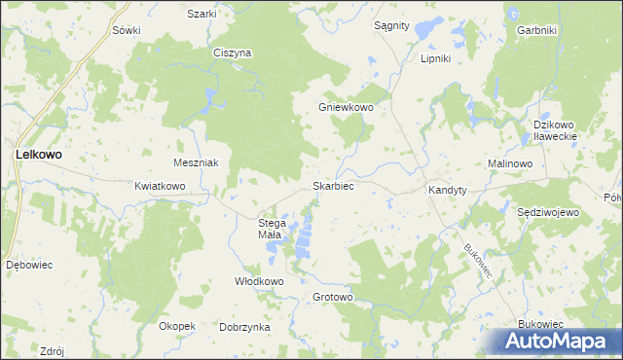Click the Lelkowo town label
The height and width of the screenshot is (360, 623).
click(38, 154)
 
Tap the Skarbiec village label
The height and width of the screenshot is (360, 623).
click(332, 185)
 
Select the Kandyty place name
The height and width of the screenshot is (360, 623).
click(448, 191)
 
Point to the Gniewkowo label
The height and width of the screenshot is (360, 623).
click(347, 107)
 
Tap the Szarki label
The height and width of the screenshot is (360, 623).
click(202, 14)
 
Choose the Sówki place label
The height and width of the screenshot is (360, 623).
click(127, 30)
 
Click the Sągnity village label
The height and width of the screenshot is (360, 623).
click(391, 25)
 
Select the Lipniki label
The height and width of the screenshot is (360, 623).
click(434, 58)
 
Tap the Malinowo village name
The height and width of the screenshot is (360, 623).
click(510, 163)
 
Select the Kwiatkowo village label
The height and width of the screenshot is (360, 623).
click(160, 185)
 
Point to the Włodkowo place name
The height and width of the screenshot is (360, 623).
click(258, 281)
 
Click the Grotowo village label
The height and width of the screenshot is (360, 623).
click(332, 297)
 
